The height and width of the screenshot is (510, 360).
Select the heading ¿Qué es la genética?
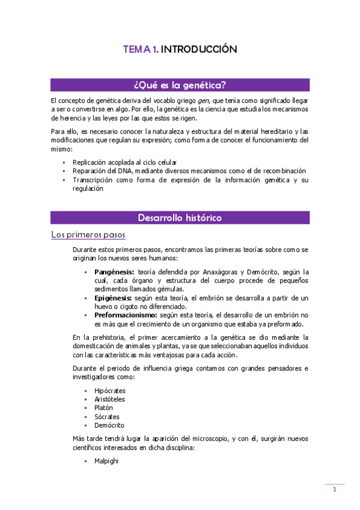pyautogui.click(x=180, y=84)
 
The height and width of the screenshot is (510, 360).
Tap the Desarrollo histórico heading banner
pyautogui.click(x=180, y=217)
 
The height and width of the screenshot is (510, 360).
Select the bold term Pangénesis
pyautogui.click(x=114, y=272)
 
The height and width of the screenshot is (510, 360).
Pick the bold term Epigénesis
pyautogui.click(x=113, y=298)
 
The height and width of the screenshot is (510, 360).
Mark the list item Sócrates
pyautogui.click(x=107, y=417)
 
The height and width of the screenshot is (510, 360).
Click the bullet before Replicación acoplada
pyautogui.click(x=64, y=163)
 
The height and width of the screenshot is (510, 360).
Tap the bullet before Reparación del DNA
pyautogui.click(x=64, y=171)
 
